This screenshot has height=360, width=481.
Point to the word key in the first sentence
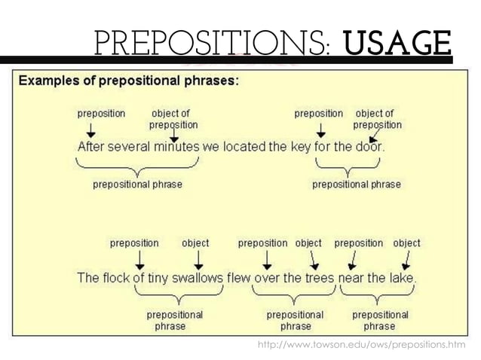[298, 148]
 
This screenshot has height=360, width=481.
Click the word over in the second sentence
[266, 278]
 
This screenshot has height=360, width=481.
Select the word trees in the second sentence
[319, 278]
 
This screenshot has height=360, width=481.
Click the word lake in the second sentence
[401, 278]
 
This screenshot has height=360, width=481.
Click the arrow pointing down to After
[90, 130]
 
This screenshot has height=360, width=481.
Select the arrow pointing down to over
[266, 260]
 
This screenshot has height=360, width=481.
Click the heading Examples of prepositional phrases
[128, 81]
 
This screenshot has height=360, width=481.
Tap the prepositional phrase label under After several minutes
[137, 184]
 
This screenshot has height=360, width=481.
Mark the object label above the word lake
[406, 243]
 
